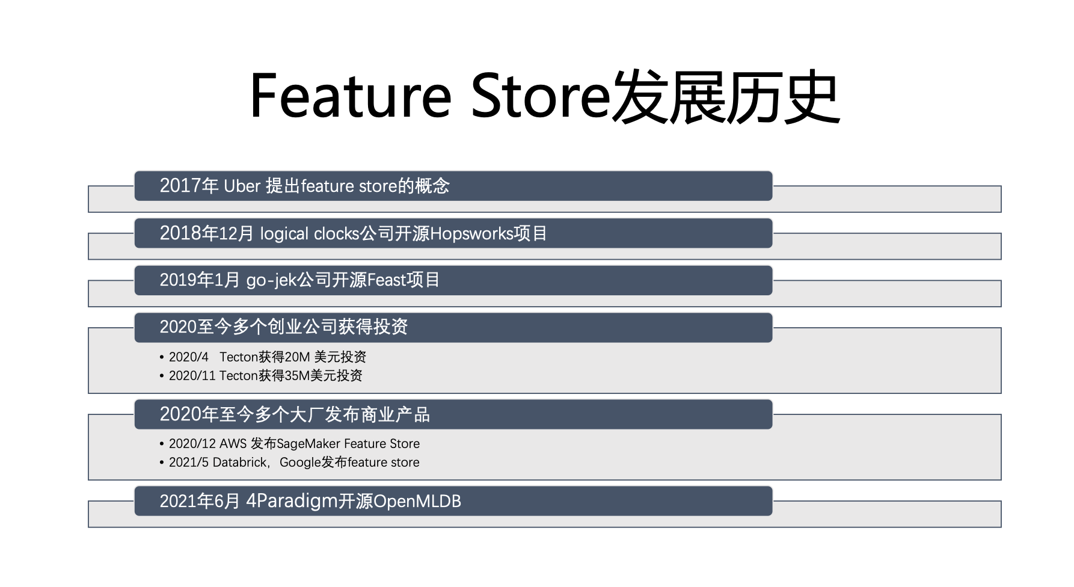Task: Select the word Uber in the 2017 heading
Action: tap(242, 186)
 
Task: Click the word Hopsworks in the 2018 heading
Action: tap(471, 233)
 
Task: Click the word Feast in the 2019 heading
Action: tap(386, 280)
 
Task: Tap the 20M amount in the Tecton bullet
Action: tap(297, 357)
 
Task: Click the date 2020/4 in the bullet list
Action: tap(189, 357)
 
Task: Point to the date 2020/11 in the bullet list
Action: tap(192, 376)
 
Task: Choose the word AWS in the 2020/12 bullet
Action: tap(233, 444)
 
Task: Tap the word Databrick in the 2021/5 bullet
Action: tap(239, 463)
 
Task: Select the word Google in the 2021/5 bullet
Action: tap(300, 463)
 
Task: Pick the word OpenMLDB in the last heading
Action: tap(417, 501)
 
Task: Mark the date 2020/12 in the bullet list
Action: tap(192, 444)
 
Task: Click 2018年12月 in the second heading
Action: tap(207, 233)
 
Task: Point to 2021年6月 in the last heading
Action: tap(200, 501)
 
